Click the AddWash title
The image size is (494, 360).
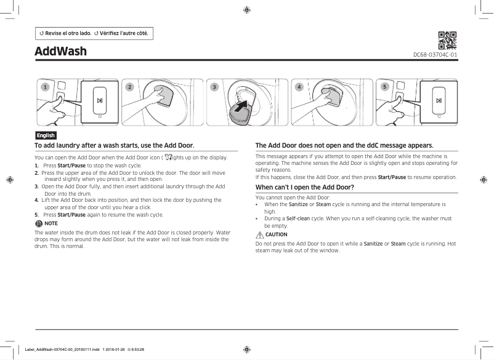pyautogui.click(x=60, y=50)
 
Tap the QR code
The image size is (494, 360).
pyautogui.click(x=447, y=40)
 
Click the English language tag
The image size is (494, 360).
pyautogui.click(x=46, y=135)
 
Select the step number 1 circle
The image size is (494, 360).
pyautogui.click(x=44, y=87)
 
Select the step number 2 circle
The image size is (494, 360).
pyautogui.click(x=129, y=87)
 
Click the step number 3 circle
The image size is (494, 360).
pyautogui.click(x=214, y=87)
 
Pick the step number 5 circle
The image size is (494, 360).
pyautogui.click(x=384, y=87)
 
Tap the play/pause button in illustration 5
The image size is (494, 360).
pyautogui.click(x=439, y=100)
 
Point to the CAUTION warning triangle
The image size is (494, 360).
pyautogui.click(x=259, y=234)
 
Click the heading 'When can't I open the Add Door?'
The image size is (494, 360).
pyautogui.click(x=304, y=186)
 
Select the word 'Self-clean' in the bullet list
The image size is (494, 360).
pyautogui.click(x=299, y=218)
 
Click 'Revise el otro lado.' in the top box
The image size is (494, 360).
pyautogui.click(x=65, y=33)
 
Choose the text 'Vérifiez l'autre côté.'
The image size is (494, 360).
pyautogui.click(x=124, y=33)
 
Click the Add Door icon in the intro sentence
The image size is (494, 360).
pyautogui.click(x=169, y=158)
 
